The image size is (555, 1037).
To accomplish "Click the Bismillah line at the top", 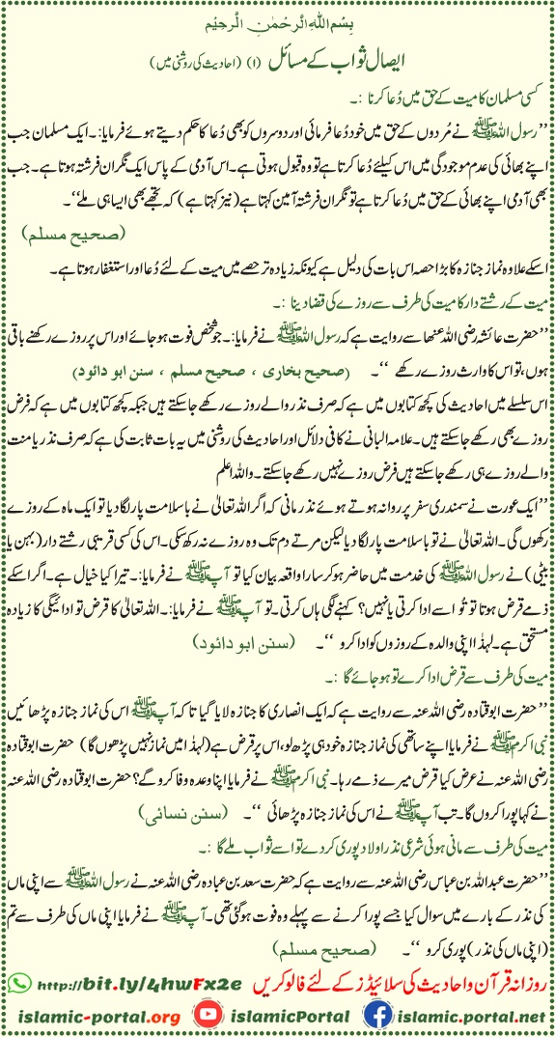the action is [x=277, y=19].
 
